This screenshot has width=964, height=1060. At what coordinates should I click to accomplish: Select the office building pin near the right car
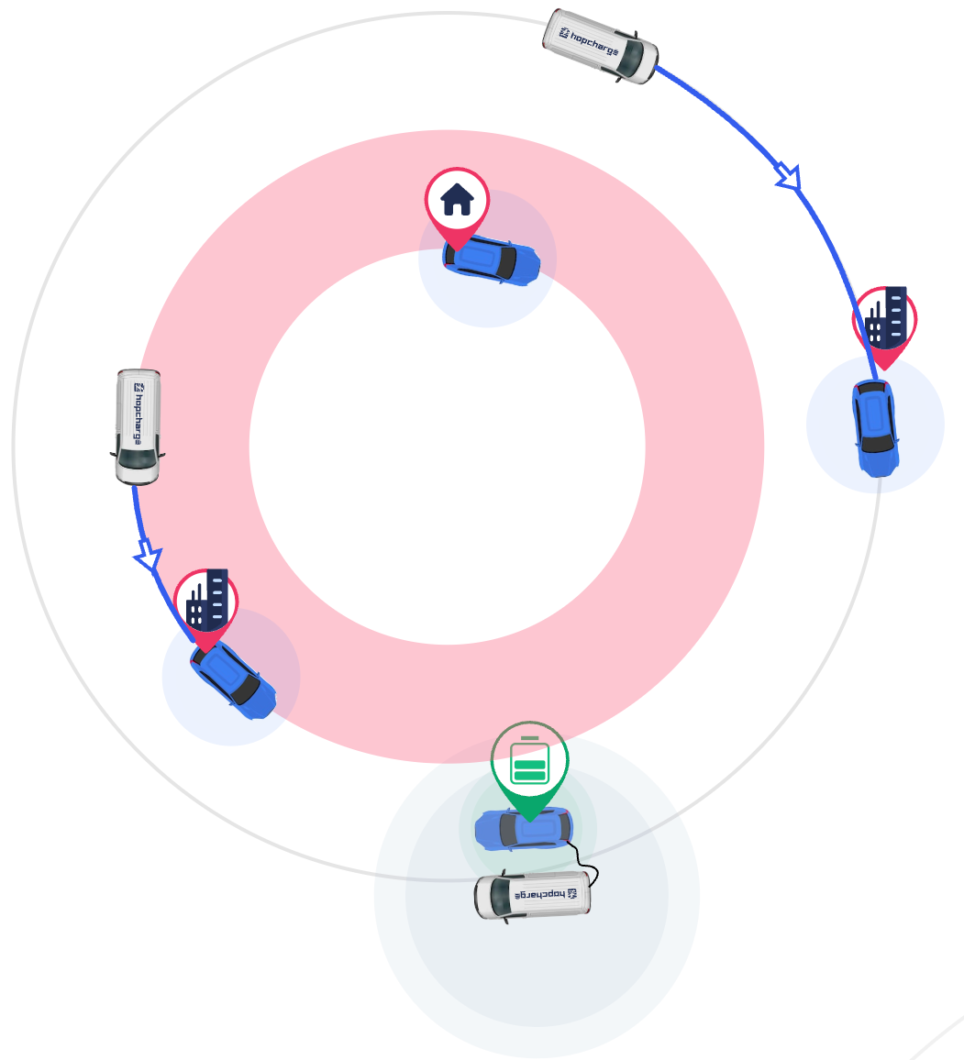885,324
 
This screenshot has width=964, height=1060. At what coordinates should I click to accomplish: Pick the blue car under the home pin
492,260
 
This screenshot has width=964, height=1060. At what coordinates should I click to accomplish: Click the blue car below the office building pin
875,428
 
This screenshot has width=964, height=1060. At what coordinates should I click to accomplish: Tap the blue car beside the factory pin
234,679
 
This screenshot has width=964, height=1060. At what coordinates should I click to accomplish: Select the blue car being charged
524,830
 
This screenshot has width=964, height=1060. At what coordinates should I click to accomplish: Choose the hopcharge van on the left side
138,425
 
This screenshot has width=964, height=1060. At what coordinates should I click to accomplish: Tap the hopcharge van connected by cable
532,895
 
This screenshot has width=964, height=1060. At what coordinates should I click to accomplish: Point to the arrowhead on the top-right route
790,177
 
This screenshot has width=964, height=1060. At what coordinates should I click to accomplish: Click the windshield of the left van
137,464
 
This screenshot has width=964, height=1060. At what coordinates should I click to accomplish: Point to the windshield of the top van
635,59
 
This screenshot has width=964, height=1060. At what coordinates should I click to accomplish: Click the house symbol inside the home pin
457,198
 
